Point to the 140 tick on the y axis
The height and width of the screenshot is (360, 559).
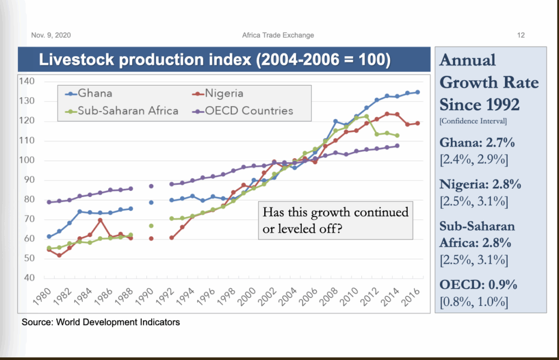(x=27, y=81)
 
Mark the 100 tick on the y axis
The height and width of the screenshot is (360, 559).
(x=27, y=160)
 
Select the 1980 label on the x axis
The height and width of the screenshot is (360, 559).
(x=42, y=296)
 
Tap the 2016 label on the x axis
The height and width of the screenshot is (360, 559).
(x=411, y=296)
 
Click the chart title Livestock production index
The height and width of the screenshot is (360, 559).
(x=215, y=59)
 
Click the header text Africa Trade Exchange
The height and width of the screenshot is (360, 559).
(x=278, y=35)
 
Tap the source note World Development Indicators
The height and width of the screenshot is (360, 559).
(x=100, y=322)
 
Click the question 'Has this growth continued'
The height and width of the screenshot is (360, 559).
(x=335, y=212)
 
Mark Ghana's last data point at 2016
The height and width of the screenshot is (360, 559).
(x=418, y=92)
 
